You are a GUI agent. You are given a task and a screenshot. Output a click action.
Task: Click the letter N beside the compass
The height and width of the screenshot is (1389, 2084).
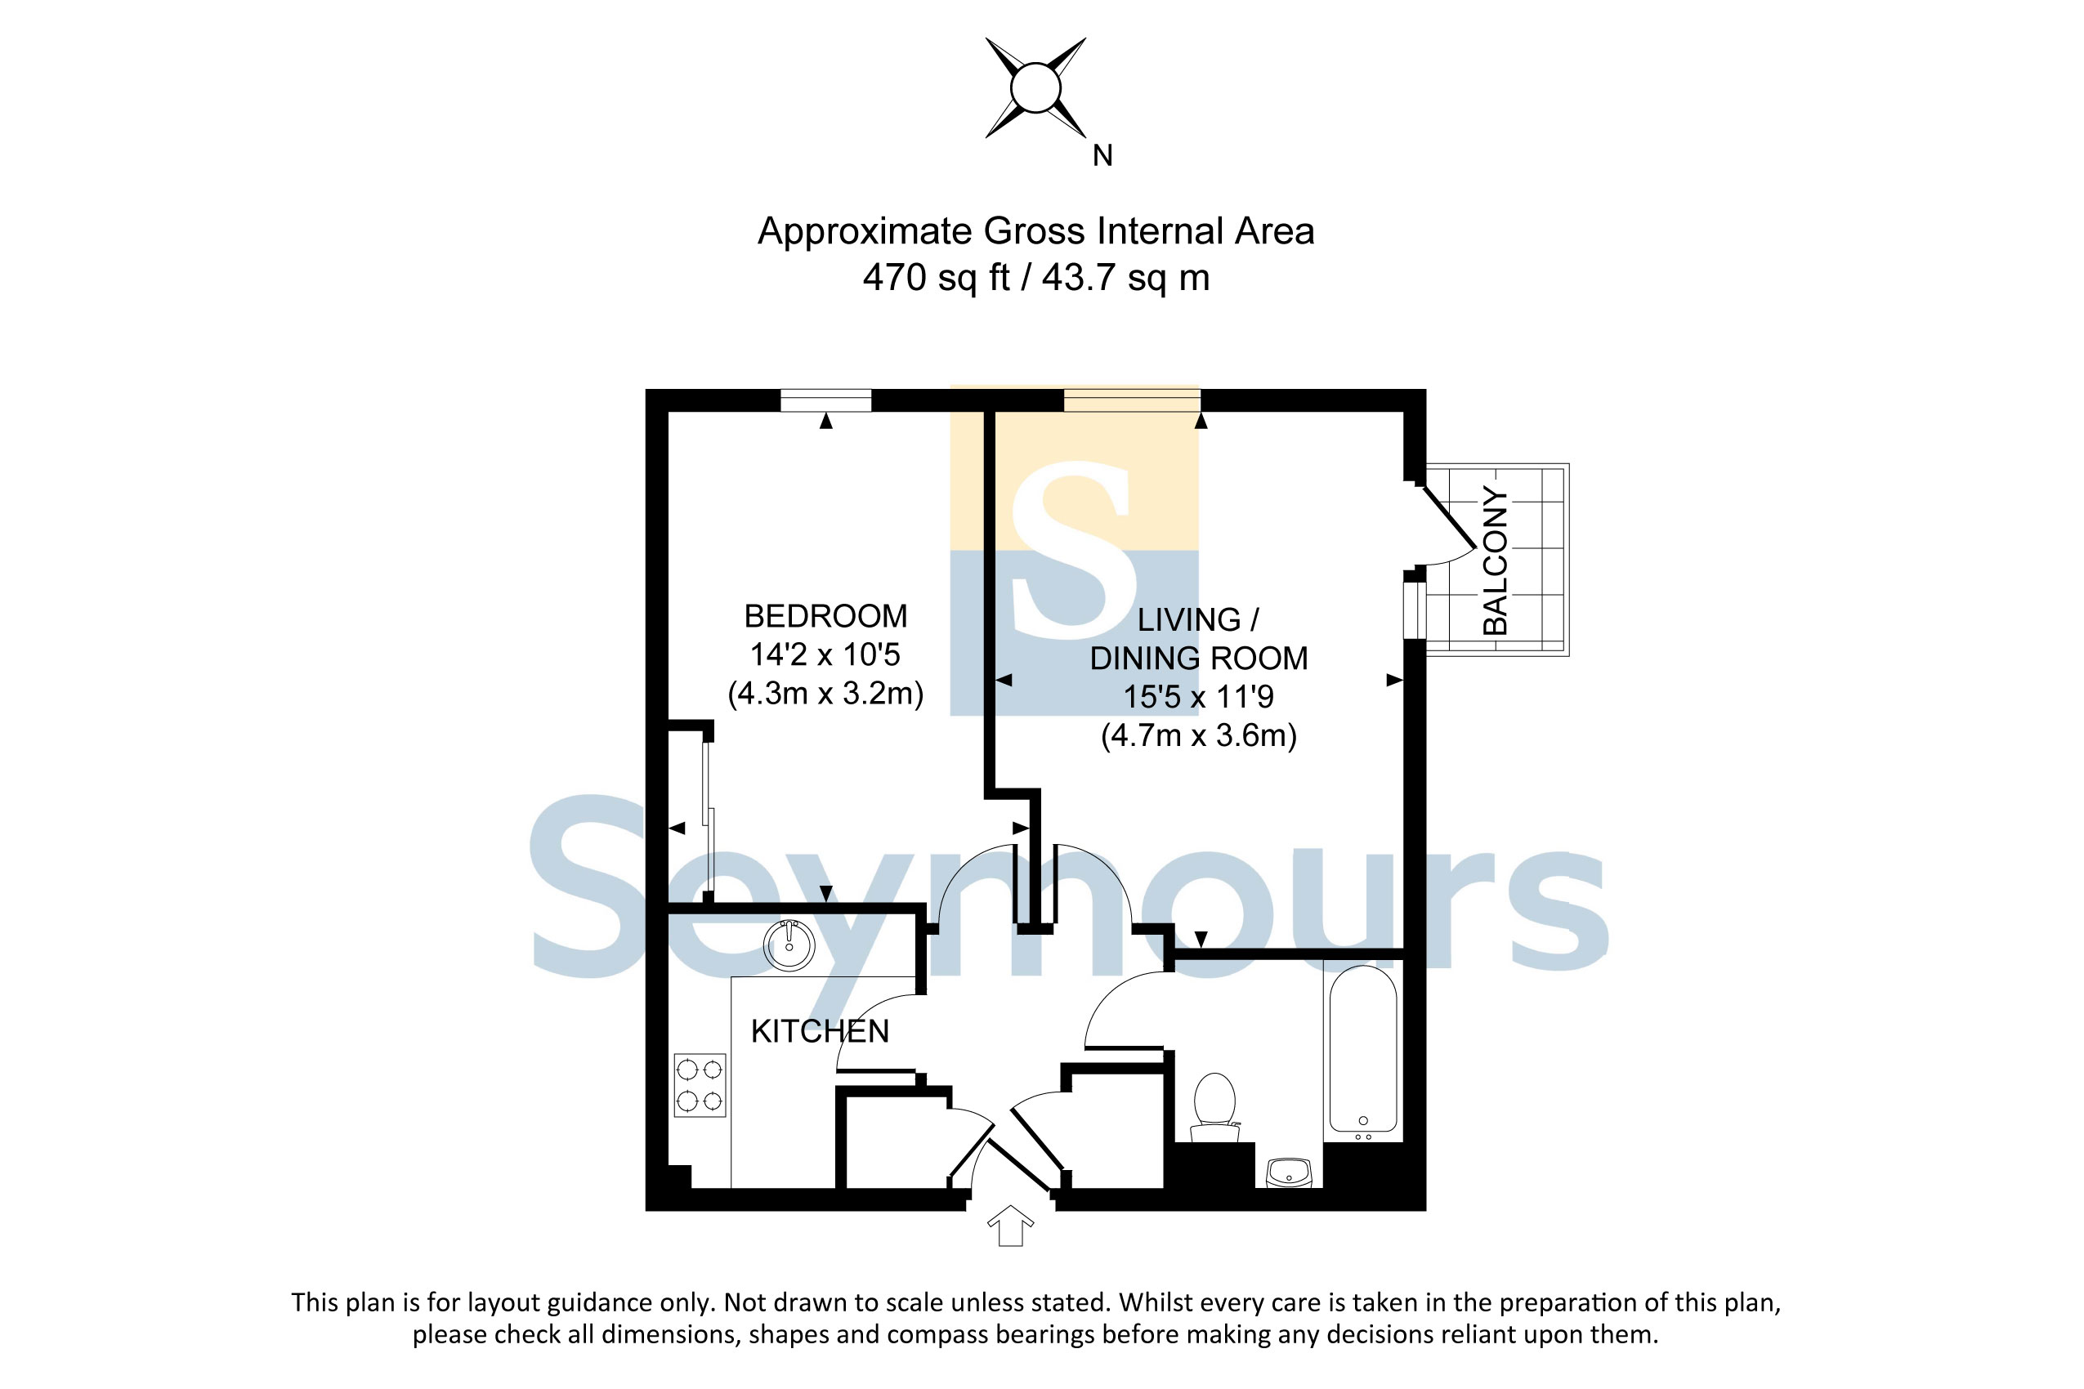1102,156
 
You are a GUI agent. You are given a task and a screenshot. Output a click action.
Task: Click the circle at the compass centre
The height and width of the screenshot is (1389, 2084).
1035,87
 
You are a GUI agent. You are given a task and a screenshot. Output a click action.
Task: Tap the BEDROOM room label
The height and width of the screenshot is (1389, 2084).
825,616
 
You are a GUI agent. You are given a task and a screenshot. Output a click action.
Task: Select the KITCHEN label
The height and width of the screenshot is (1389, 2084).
820,1031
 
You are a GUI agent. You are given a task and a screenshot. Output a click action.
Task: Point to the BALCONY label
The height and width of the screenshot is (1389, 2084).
1495,560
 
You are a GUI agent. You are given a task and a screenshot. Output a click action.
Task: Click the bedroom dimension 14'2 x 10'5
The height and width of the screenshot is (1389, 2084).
825,654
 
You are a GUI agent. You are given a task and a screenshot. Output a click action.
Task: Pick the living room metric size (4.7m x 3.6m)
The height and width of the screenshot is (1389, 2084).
1199,735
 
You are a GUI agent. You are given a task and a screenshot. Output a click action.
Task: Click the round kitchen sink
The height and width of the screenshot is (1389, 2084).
789,945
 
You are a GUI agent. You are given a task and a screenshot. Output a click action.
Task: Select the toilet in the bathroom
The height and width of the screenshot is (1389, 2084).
1214,1107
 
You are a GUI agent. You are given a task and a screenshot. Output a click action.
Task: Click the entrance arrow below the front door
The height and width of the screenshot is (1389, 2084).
1010,1226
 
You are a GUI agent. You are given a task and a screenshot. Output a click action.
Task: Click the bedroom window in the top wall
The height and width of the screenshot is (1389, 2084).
825,400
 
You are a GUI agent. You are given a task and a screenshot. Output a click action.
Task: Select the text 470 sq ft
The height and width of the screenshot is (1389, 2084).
937,277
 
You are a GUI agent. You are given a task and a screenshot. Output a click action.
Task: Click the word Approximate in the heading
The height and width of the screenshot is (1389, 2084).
865,232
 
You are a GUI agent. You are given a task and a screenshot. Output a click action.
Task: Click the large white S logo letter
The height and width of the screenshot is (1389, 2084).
1074,549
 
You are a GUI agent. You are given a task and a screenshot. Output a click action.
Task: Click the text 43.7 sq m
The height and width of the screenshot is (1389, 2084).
1125,277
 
